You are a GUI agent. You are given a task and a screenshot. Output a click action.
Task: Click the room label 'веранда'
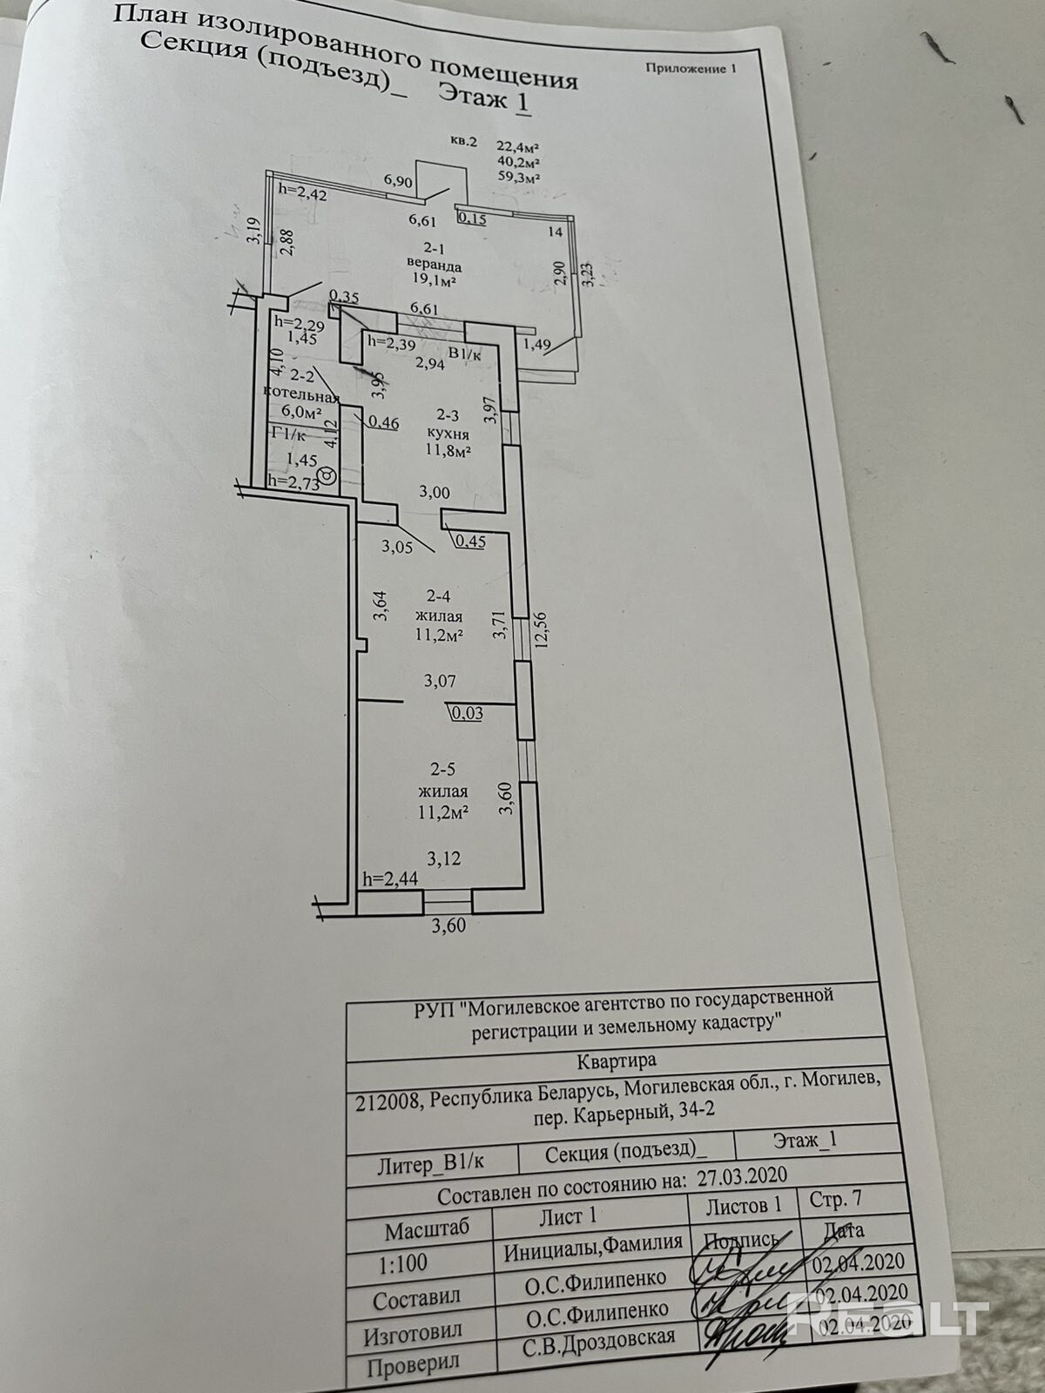tap(433, 263)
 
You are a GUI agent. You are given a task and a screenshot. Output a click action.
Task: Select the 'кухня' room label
tap(449, 433)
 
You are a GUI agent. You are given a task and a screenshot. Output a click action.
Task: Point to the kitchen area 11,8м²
tap(448, 451)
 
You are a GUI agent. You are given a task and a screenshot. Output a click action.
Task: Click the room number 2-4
tap(438, 597)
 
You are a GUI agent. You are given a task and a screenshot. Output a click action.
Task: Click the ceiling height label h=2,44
tap(389, 879)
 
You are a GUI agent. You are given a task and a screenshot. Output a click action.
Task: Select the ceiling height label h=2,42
tap(302, 193)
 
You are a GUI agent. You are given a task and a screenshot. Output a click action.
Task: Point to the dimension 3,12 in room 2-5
tap(444, 858)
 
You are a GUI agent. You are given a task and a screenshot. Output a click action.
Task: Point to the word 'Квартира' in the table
tap(617, 1060)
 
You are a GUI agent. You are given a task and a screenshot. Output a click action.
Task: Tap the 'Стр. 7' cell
tap(835, 1199)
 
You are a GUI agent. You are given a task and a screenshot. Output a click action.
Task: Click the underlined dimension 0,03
tap(468, 714)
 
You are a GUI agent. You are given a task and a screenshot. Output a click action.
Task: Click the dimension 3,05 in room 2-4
tap(398, 547)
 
